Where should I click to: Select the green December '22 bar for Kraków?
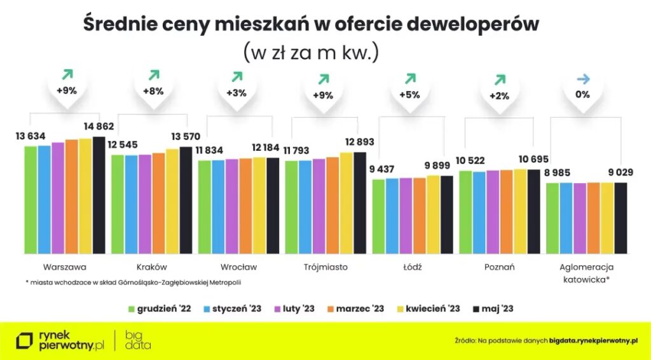118,204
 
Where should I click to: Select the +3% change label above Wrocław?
236,93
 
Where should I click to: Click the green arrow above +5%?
410,78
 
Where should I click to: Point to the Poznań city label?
498,267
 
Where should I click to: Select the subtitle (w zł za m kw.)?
311,52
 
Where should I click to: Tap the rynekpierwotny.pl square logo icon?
24,341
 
